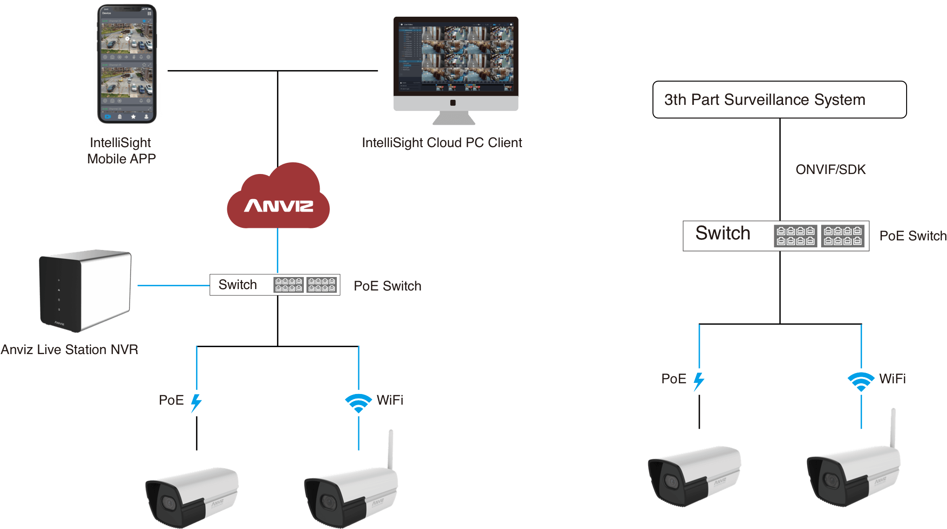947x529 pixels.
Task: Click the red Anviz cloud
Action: click(x=278, y=197)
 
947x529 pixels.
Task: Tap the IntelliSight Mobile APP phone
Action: click(x=127, y=64)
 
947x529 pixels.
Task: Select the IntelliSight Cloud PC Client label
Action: click(x=442, y=142)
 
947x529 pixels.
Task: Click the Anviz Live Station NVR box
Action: click(x=85, y=291)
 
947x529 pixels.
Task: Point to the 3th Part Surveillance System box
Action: click(x=779, y=100)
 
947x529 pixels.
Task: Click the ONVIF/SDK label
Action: click(x=830, y=169)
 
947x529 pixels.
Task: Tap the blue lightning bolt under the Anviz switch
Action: click(x=197, y=403)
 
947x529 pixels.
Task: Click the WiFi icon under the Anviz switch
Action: click(x=358, y=403)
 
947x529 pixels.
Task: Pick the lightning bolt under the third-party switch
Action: click(x=698, y=381)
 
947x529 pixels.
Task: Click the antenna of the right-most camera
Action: click(x=893, y=427)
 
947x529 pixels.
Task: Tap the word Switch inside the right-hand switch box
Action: click(x=723, y=233)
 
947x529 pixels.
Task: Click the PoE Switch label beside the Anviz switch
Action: click(x=388, y=286)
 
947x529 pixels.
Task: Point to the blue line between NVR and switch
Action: click(x=173, y=285)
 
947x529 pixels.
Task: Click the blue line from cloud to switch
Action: click(x=277, y=251)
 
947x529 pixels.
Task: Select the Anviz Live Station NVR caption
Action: click(x=69, y=349)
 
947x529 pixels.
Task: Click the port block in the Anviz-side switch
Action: click(x=305, y=285)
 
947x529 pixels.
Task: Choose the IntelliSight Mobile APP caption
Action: click(x=121, y=151)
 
